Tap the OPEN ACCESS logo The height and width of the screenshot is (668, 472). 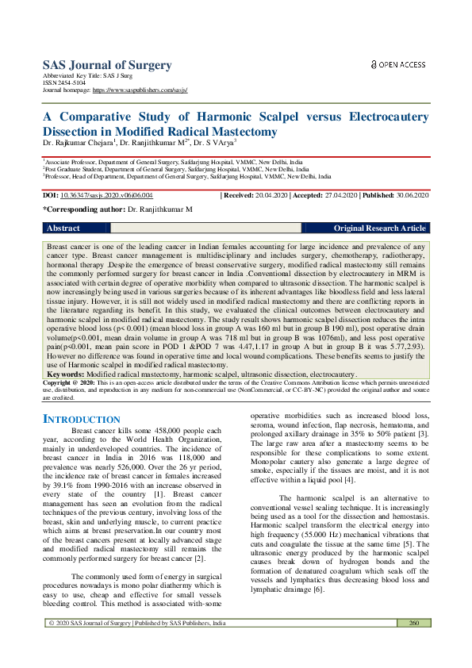(x=398, y=64)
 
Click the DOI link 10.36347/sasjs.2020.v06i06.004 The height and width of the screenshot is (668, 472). (x=108, y=195)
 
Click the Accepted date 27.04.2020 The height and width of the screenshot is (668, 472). (x=340, y=195)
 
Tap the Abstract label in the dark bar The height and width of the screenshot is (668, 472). (x=64, y=228)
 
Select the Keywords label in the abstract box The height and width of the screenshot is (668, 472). (x=66, y=374)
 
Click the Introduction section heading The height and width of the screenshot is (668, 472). (x=82, y=419)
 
